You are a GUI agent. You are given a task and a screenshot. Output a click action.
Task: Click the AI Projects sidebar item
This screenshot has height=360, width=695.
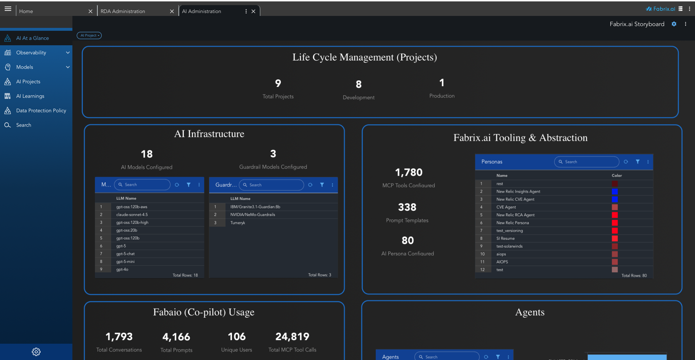[x=28, y=81]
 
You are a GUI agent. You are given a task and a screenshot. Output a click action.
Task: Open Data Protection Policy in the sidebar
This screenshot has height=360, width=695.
[x=41, y=110]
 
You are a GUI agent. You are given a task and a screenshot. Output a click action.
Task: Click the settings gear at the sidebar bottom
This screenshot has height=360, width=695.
[x=36, y=352]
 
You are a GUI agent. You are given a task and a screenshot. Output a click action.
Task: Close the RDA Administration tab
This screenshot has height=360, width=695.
[x=172, y=11]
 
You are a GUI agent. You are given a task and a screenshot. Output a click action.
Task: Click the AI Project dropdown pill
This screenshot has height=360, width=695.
[x=89, y=35]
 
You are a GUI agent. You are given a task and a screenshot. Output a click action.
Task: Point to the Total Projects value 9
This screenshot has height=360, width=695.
[x=278, y=83]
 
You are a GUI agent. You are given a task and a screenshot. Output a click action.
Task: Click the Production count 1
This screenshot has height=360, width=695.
[x=442, y=83]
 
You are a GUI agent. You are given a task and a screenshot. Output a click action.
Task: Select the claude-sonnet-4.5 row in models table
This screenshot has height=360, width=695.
[x=132, y=215]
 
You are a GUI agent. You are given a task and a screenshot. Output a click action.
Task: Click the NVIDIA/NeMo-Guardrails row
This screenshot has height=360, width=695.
[x=253, y=215]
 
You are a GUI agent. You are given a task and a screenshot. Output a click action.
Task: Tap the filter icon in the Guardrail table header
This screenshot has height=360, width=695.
[x=322, y=185]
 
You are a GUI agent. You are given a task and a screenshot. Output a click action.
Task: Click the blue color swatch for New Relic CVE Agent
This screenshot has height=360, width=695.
[x=615, y=199]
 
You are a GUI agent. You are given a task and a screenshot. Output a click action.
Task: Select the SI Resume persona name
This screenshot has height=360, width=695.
[x=505, y=238]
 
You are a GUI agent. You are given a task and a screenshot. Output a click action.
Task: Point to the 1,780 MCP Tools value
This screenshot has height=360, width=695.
[x=409, y=172]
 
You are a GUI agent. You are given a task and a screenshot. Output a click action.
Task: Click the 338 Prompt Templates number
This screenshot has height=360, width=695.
[x=407, y=207]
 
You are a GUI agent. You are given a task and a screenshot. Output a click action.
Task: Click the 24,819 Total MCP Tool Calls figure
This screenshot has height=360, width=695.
[x=292, y=337]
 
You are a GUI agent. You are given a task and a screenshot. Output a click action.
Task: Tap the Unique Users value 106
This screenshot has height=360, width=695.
[x=237, y=337]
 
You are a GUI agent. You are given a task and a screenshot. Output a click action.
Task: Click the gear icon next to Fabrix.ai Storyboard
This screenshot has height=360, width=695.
[x=674, y=24]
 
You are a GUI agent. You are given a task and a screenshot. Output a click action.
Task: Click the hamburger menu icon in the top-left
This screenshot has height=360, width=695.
[x=8, y=9]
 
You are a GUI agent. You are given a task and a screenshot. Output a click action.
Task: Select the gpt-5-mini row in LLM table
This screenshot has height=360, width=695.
[x=125, y=261]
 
